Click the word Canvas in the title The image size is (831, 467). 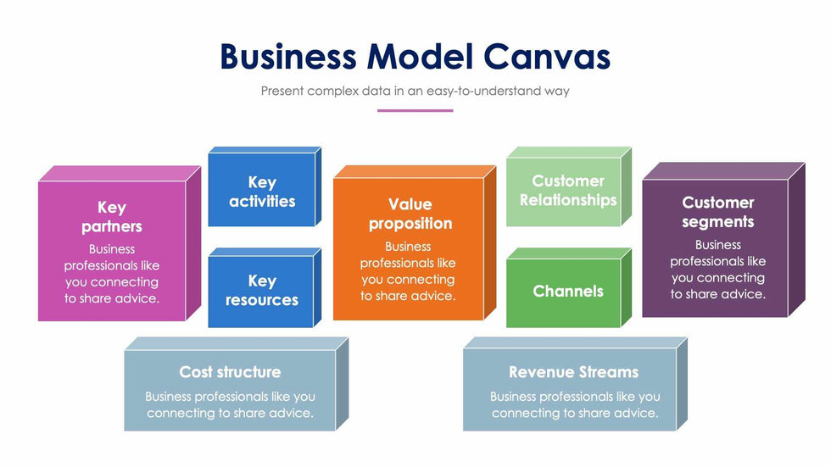tap(548, 57)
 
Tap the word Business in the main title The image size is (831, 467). tap(287, 57)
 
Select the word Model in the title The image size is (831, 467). tap(420, 57)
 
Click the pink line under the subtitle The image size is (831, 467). tap(415, 110)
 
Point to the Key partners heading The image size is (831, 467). tap(111, 217)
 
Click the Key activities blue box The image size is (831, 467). tap(261, 192)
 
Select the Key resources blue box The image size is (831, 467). tap(261, 291)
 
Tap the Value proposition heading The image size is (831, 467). tap(410, 214)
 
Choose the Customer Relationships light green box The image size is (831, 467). tap(567, 191)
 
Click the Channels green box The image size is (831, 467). tap(567, 292)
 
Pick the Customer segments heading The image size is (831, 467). tap(717, 212)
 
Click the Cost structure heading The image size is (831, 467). tap(230, 372)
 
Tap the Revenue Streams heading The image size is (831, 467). tap(573, 372)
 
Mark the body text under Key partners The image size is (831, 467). tap(111, 274)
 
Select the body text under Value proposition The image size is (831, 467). tap(408, 271)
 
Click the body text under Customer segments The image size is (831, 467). tap(717, 270)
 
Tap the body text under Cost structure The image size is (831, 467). tap(230, 405)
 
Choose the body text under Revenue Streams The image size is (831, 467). tap(574, 405)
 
